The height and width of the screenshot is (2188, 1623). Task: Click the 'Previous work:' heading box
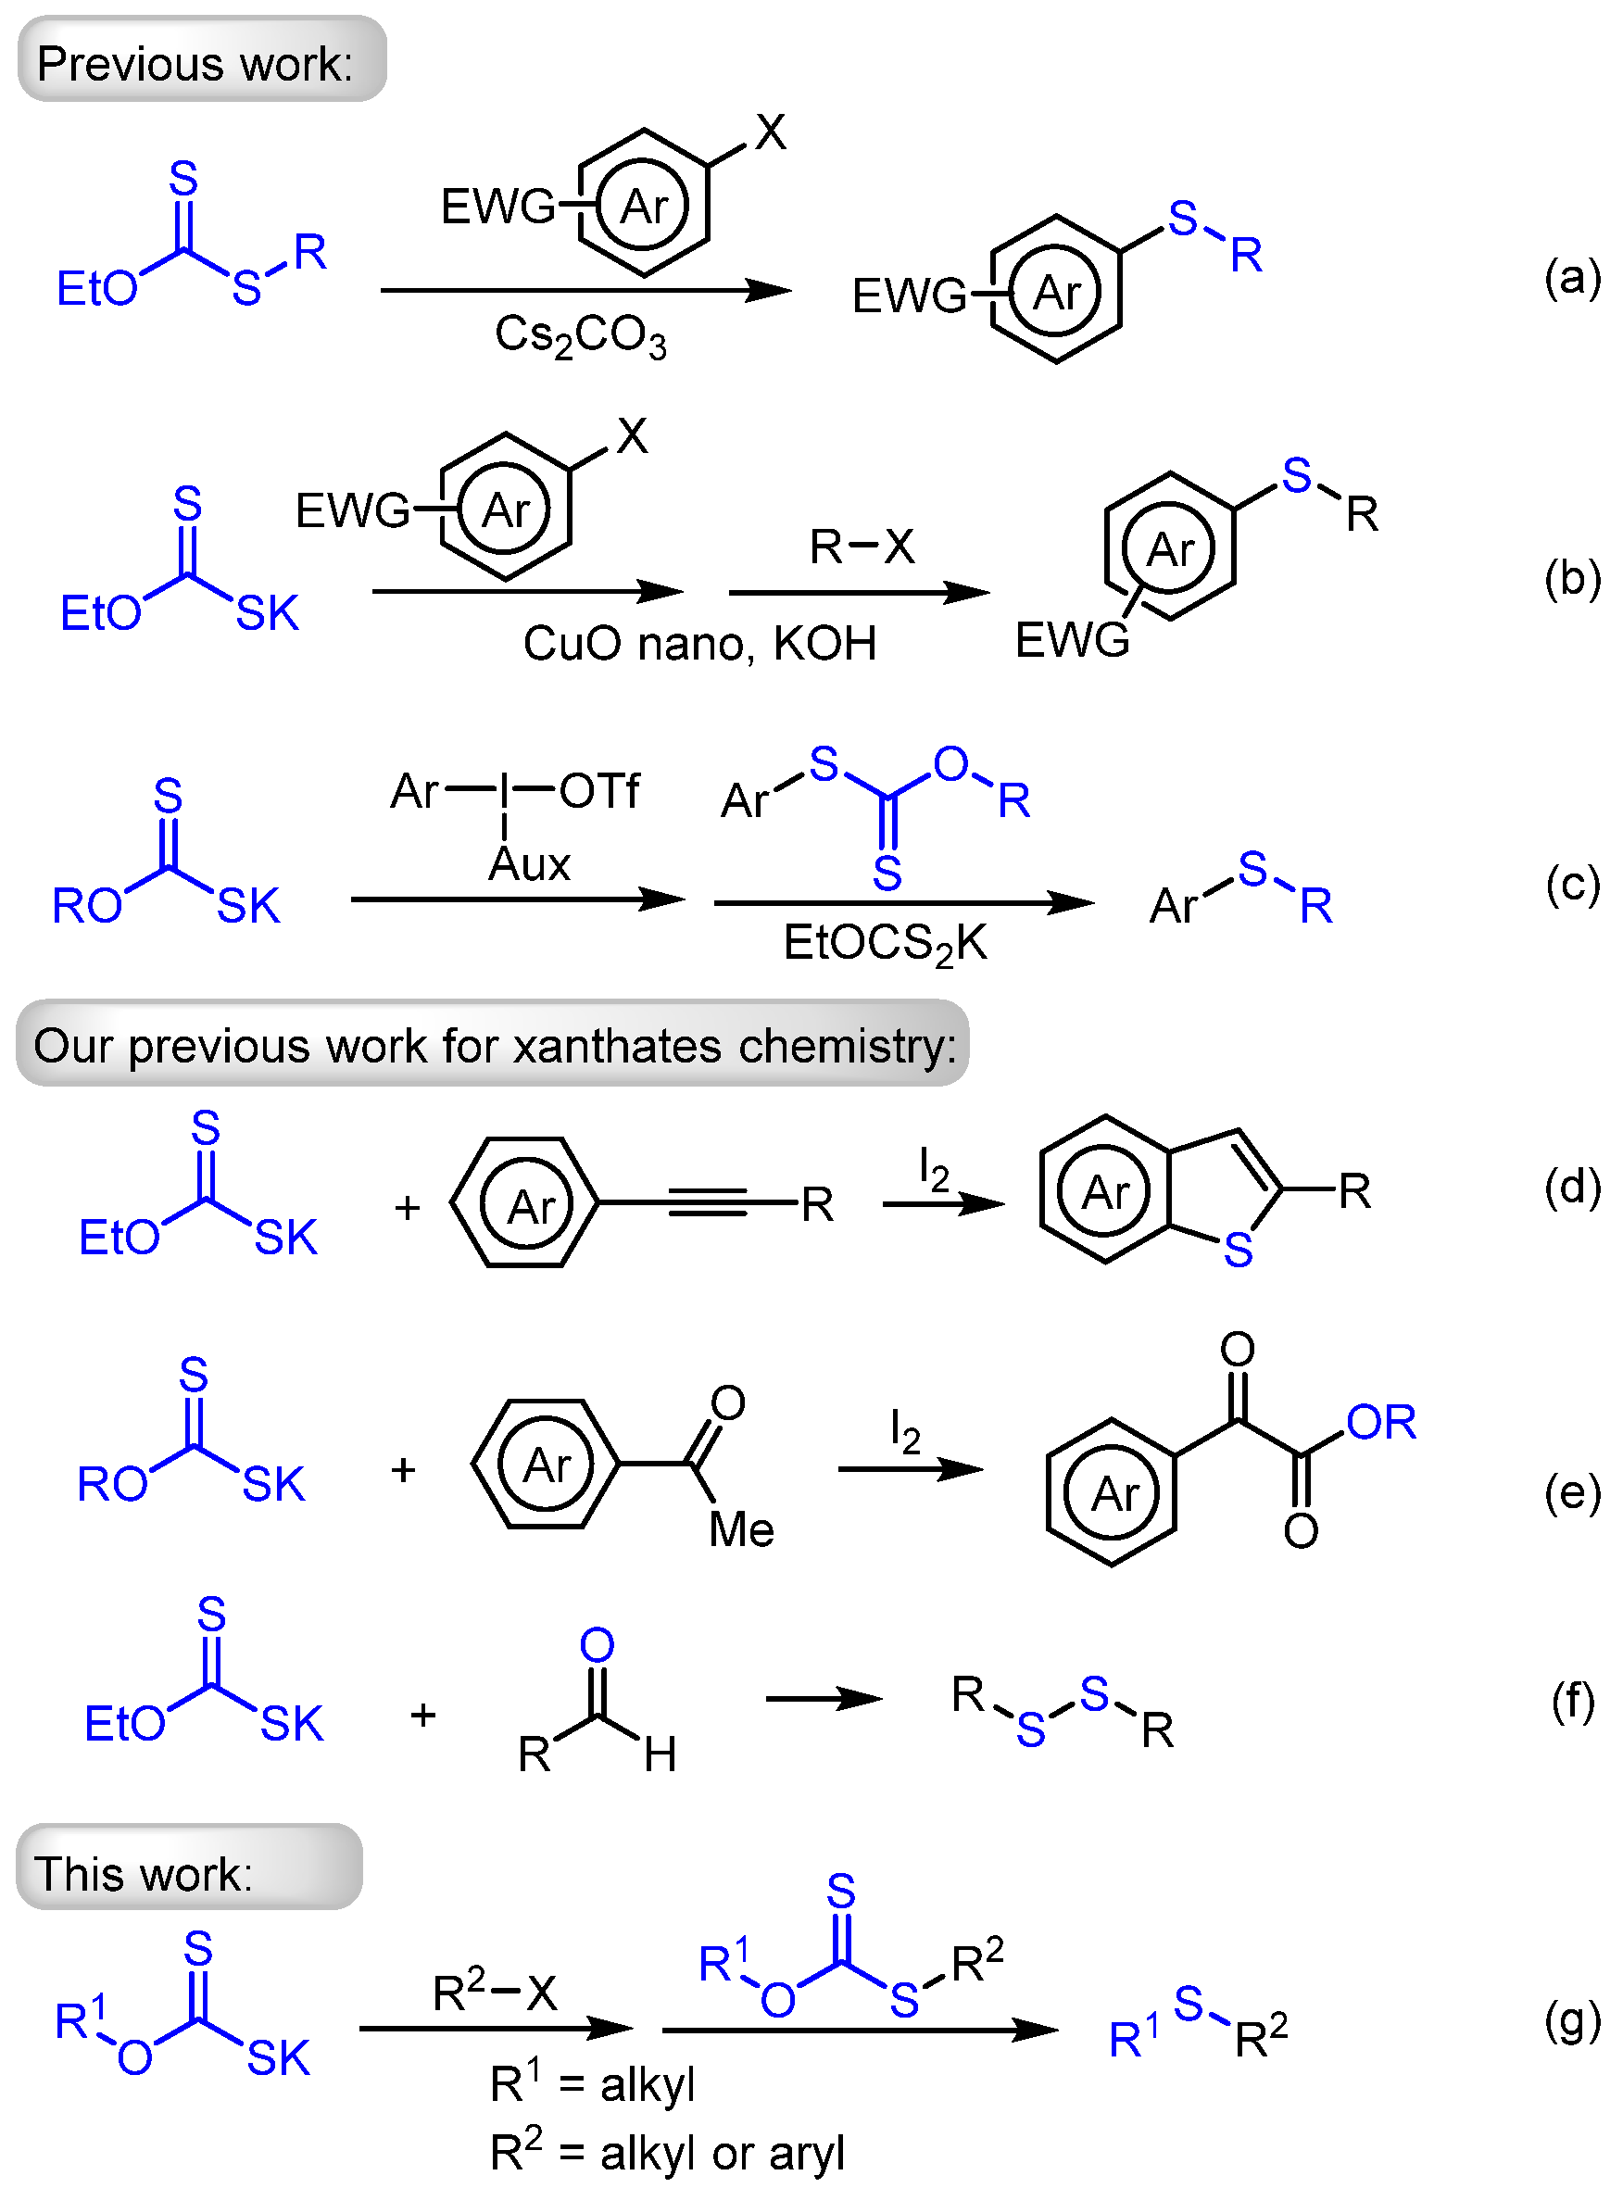click(201, 61)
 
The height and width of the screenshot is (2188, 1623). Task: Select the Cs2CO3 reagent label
click(580, 336)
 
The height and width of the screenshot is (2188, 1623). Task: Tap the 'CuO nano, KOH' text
click(698, 644)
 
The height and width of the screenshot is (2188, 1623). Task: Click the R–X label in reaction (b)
click(861, 547)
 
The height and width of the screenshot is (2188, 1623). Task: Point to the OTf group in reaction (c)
click(599, 791)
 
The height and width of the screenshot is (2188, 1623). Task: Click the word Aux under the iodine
click(530, 864)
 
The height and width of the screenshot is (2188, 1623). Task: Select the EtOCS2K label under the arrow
click(884, 943)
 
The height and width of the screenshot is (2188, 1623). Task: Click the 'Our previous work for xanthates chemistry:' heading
click(493, 1045)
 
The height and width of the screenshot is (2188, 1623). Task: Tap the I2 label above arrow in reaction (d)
click(934, 1168)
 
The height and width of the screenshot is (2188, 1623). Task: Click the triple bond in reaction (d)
click(708, 1201)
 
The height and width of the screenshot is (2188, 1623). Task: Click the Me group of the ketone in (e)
click(741, 1529)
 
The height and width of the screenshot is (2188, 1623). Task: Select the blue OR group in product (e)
click(1380, 1422)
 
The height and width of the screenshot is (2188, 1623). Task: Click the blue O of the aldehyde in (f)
click(597, 1644)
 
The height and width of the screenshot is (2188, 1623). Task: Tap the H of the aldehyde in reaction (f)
click(661, 1754)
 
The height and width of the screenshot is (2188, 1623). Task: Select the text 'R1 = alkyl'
click(593, 2083)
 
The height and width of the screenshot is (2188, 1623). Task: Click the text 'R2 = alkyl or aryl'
click(667, 2153)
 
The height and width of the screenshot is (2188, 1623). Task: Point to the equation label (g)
click(1572, 2022)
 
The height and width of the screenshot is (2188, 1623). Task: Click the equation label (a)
click(1572, 278)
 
